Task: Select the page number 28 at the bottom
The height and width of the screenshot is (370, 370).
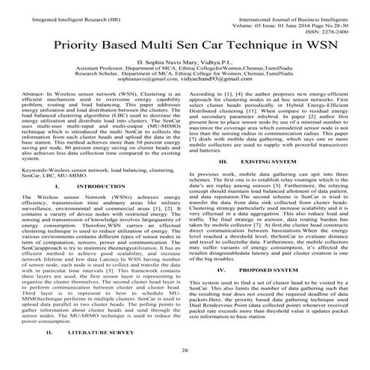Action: pos(185,349)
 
